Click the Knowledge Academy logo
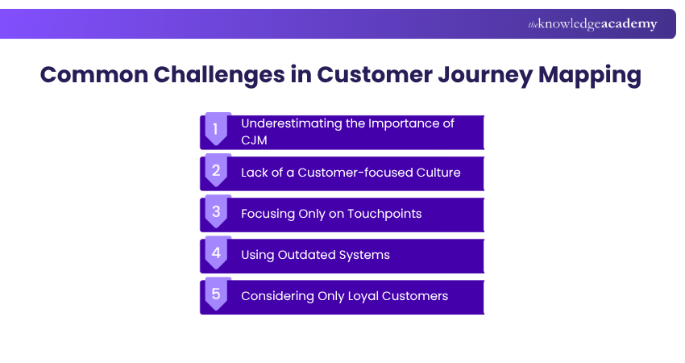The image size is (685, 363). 592,24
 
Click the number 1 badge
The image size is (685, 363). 216,127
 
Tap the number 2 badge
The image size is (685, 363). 216,169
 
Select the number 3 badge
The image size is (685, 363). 216,211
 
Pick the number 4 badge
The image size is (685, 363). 216,252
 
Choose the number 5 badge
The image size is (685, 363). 216,294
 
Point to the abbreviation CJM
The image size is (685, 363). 255,140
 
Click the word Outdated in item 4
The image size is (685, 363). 306,255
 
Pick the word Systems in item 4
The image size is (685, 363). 365,255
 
